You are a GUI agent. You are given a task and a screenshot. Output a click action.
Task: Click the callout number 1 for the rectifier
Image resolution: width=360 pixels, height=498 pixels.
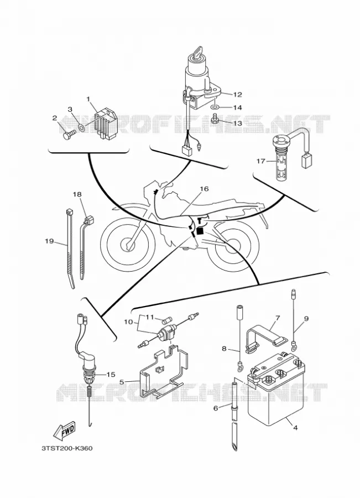[88, 100]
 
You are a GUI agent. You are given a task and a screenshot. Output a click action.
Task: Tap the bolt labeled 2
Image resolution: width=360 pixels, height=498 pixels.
[68, 135]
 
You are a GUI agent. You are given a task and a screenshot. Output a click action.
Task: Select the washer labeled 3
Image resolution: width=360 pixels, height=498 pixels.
[81, 128]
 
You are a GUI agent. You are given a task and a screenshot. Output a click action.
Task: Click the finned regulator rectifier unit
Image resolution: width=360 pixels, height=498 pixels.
[106, 123]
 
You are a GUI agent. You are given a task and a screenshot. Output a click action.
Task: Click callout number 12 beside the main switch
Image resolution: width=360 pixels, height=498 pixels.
[237, 94]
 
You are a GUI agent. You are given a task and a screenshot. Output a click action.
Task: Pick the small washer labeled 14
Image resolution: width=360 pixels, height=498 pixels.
[215, 107]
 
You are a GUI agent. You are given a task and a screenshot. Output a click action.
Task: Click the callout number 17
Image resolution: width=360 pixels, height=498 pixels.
[260, 162]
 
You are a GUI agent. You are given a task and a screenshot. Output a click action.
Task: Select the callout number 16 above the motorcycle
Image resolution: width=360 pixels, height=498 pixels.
[204, 189]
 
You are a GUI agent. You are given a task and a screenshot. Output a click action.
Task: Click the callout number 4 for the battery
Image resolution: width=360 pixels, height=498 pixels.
[295, 428]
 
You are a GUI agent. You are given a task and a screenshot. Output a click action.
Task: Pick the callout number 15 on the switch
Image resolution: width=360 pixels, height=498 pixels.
[111, 375]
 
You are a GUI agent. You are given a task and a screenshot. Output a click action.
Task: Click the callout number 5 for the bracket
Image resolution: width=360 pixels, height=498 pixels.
[122, 382]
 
